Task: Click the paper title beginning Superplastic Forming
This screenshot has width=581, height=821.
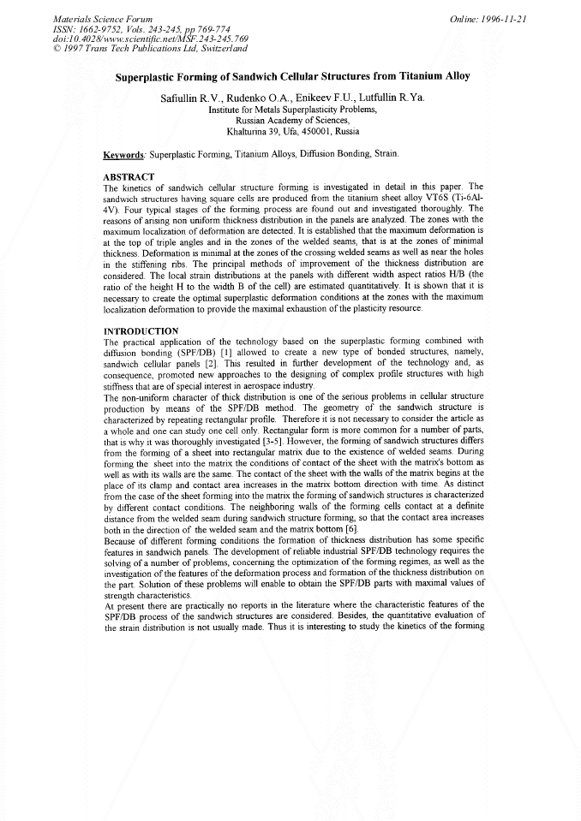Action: pos(292,75)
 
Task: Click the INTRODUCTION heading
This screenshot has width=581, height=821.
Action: pos(141,330)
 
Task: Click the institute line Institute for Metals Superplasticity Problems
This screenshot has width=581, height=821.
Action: pos(292,110)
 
